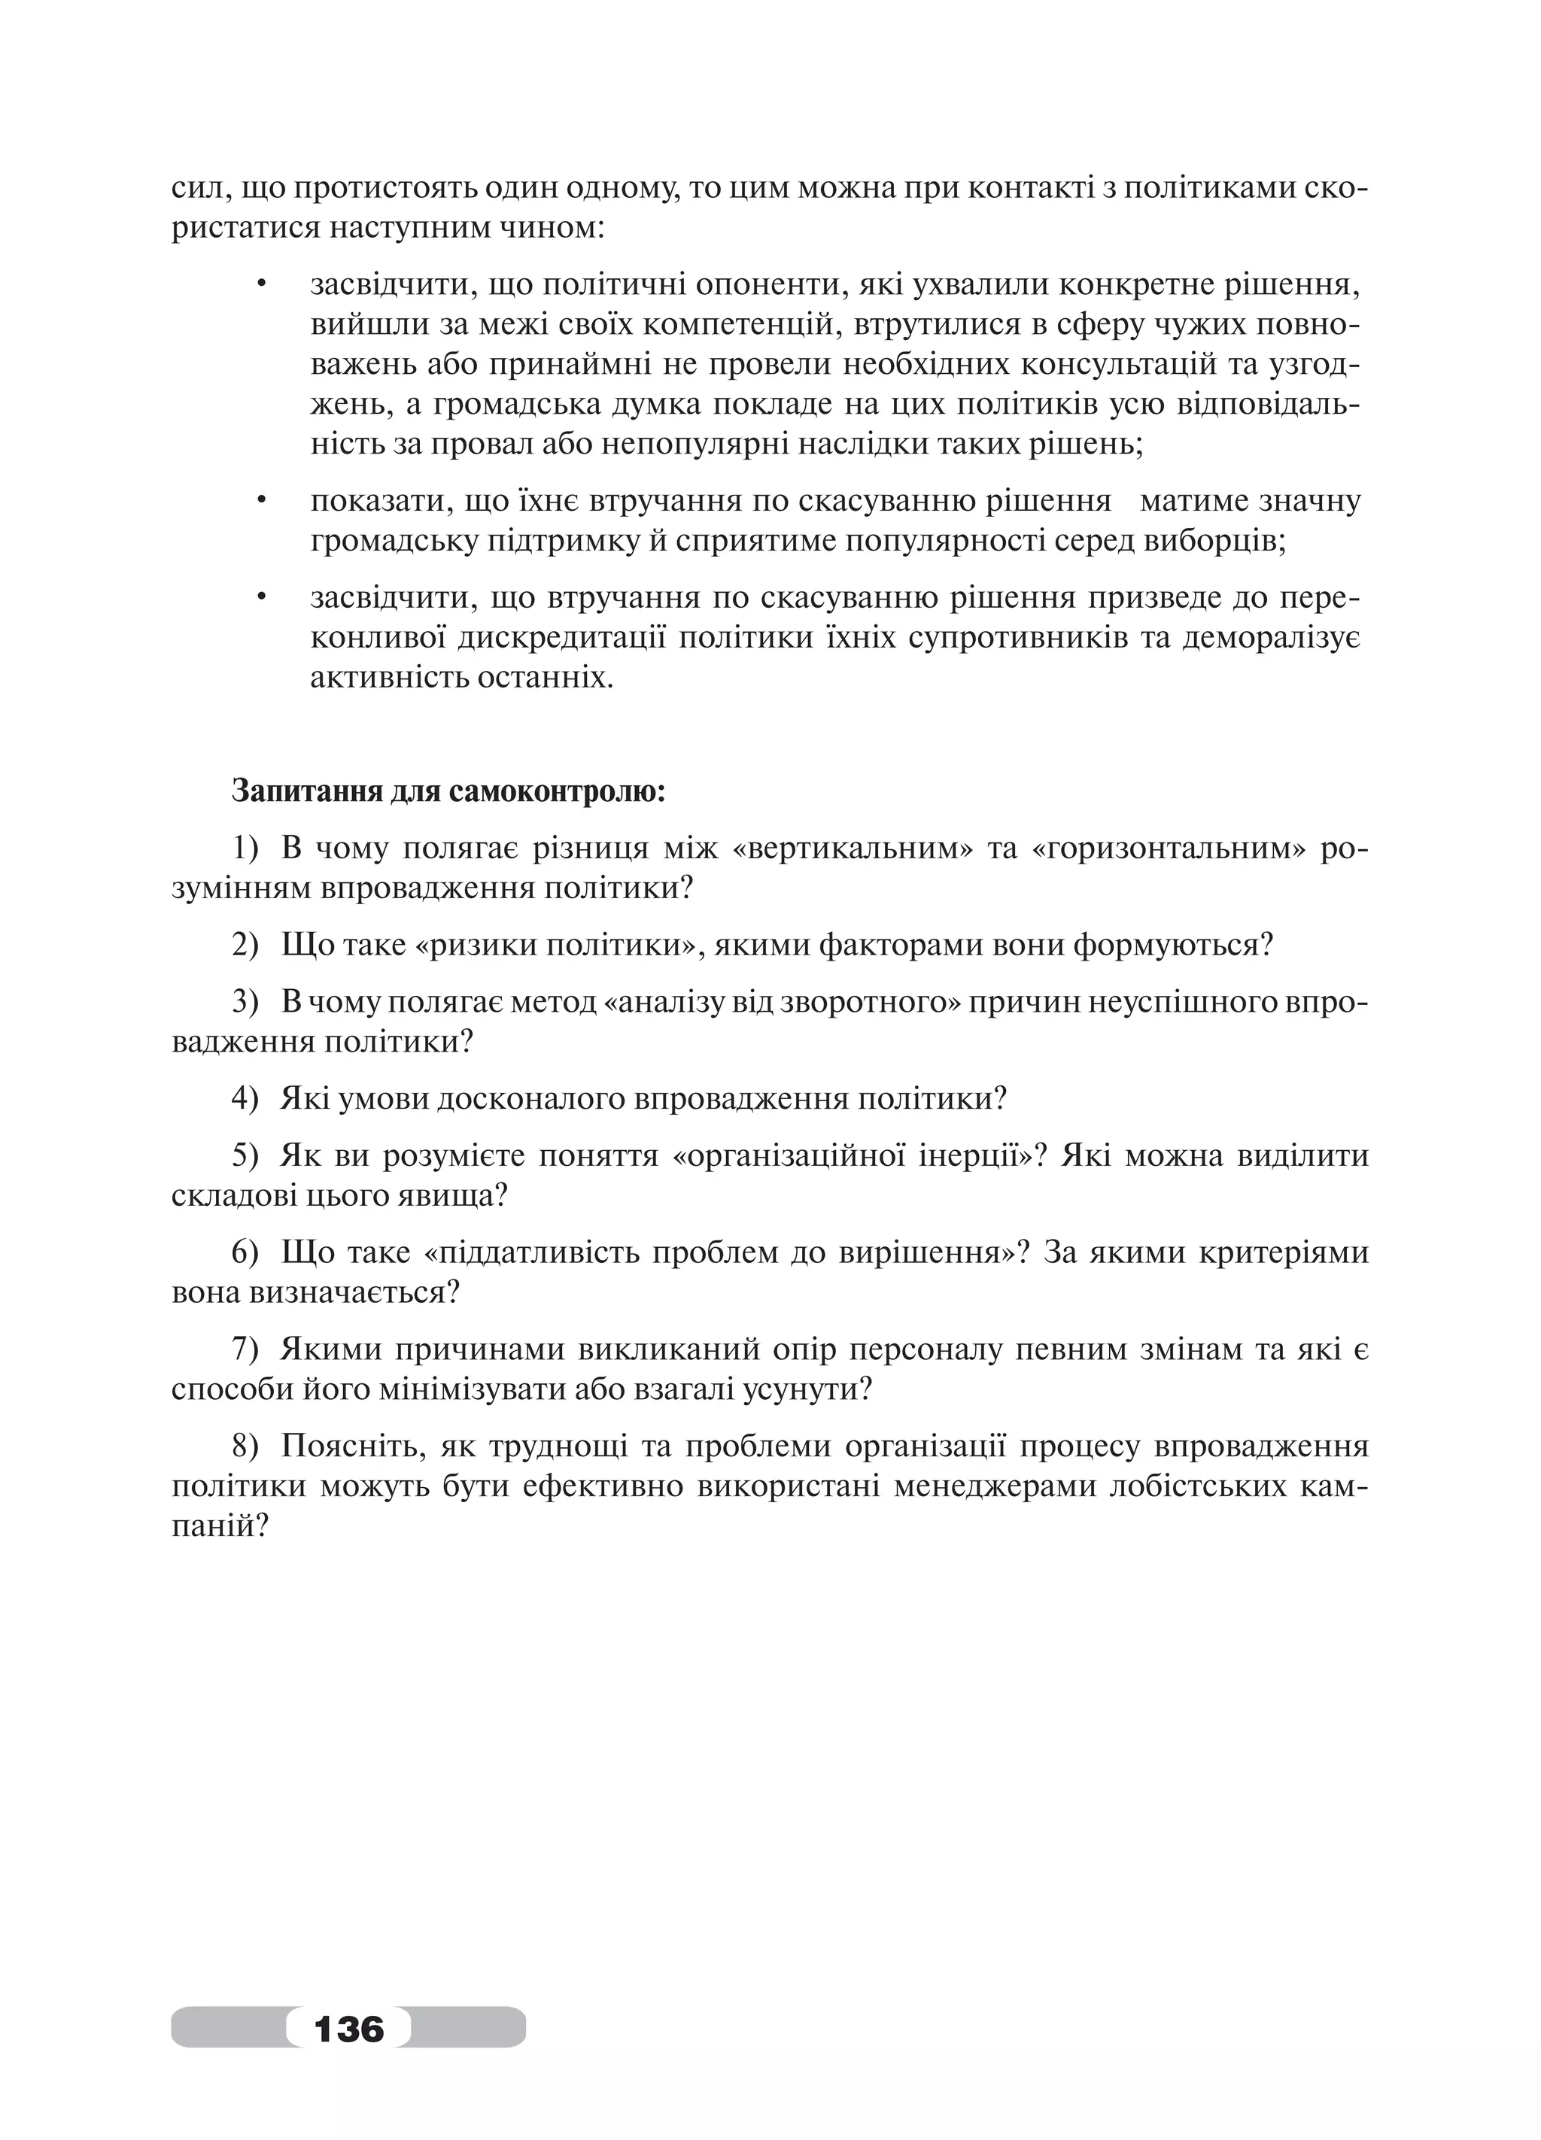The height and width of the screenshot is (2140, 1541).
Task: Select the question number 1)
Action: (x=245, y=849)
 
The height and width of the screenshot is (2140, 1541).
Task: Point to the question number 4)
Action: (x=245, y=1098)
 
